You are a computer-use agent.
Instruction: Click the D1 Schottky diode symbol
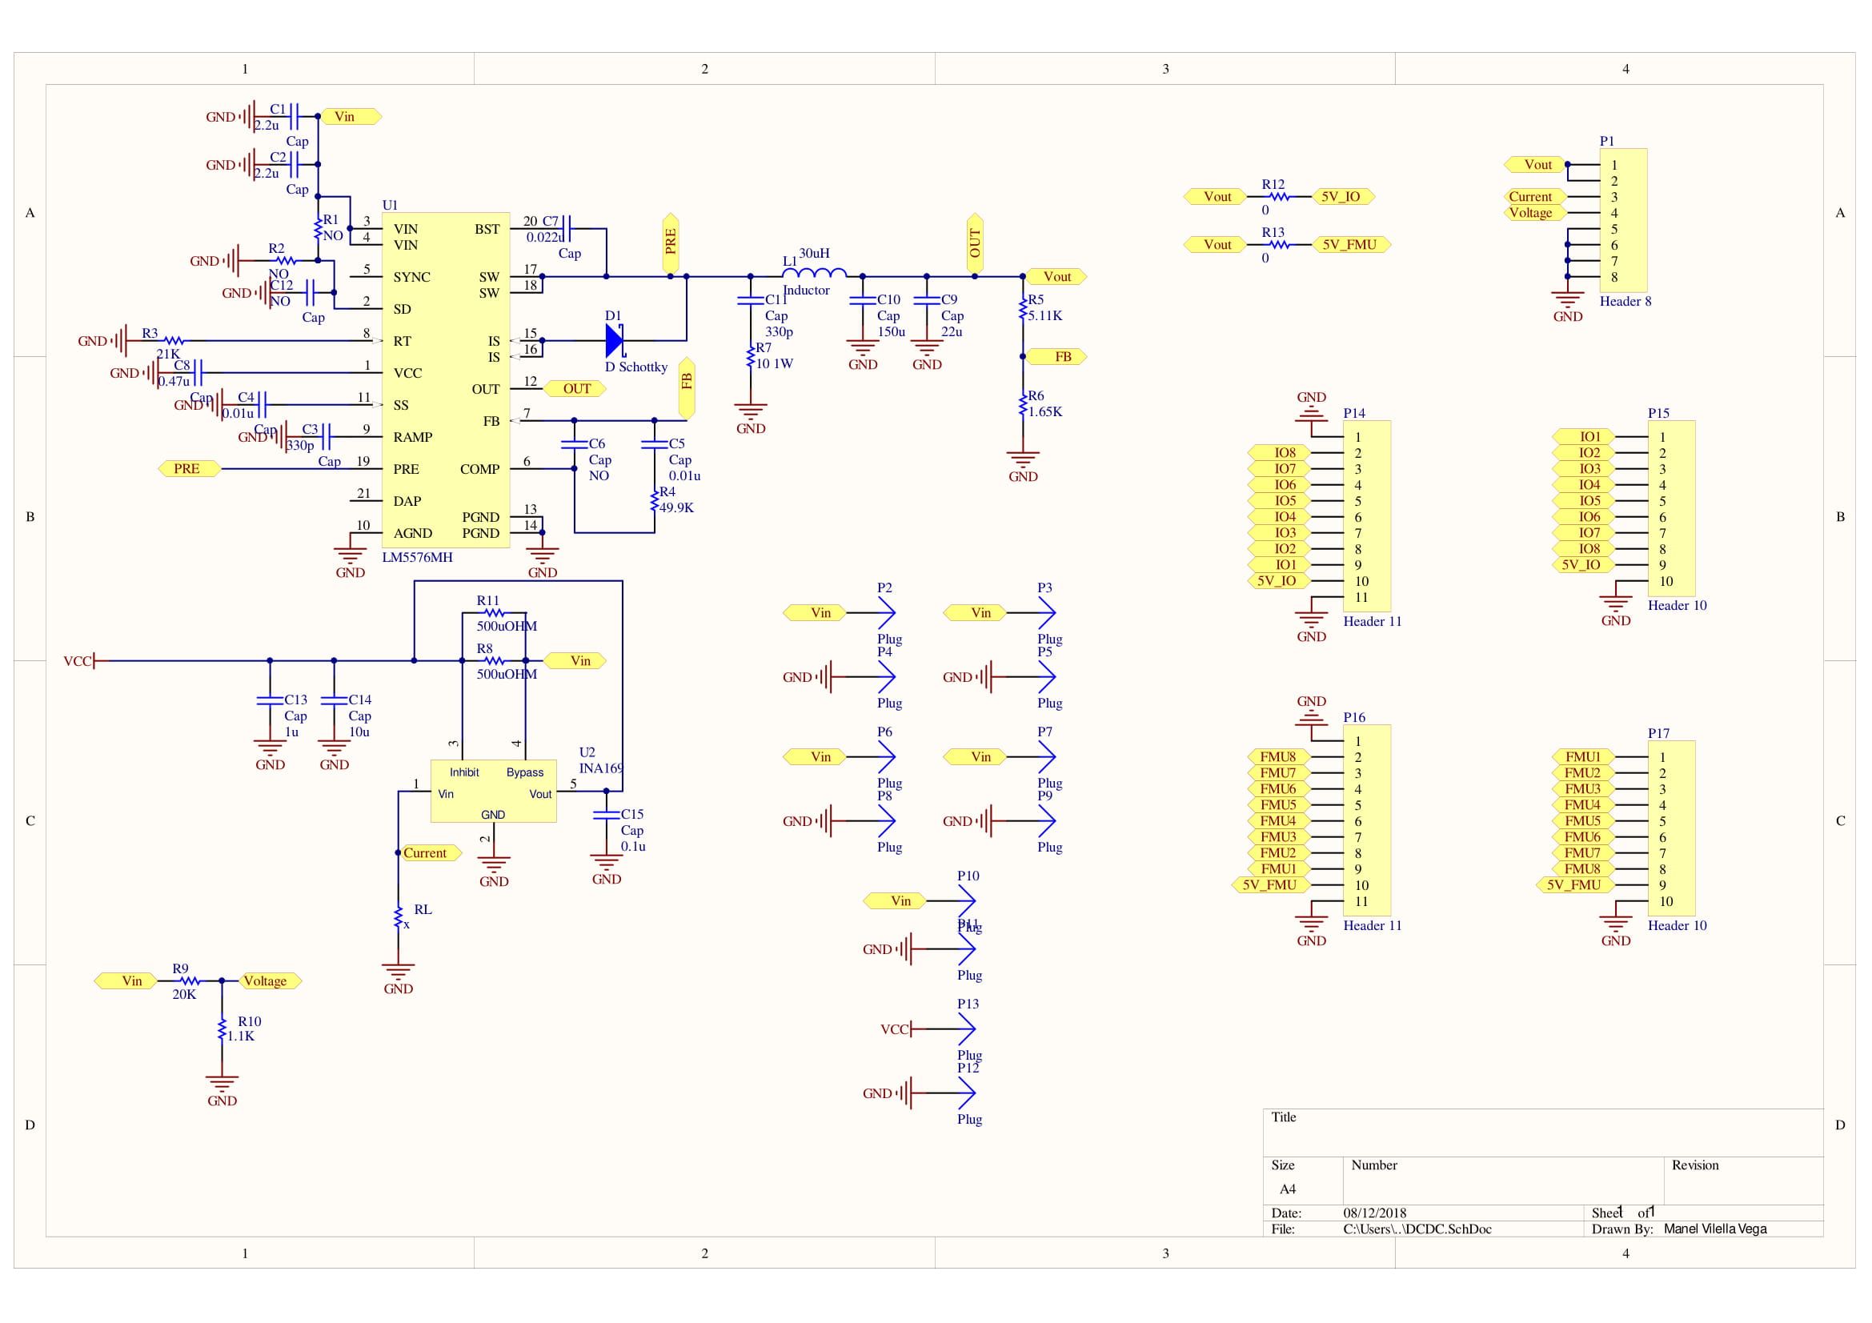615,341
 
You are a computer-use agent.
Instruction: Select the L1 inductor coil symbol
814,274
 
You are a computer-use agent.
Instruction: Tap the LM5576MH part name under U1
417,558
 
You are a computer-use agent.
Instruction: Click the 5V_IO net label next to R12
1341,196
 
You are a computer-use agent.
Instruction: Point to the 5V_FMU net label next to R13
1349,245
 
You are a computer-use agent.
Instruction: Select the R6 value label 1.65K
1045,411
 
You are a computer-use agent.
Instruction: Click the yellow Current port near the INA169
428,853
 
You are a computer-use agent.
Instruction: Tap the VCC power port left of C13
79,661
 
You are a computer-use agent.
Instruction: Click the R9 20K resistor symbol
188,980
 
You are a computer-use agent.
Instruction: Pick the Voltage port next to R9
268,981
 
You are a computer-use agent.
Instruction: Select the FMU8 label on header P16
1277,757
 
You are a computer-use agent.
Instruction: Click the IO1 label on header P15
1589,437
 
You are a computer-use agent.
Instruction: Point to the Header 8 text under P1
1624,302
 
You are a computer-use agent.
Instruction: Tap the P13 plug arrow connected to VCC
965,1029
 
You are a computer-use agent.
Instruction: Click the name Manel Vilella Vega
1714,1229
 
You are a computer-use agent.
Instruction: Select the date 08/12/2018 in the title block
1374,1213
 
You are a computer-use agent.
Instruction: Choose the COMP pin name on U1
479,470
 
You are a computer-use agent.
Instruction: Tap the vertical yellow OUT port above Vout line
974,243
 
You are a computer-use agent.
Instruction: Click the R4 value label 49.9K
676,508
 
